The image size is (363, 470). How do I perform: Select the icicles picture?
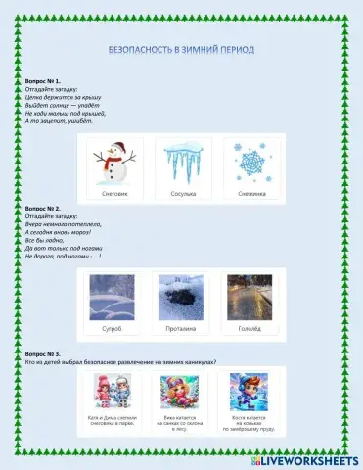coord(183,160)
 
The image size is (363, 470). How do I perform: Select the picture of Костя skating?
coord(250,392)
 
